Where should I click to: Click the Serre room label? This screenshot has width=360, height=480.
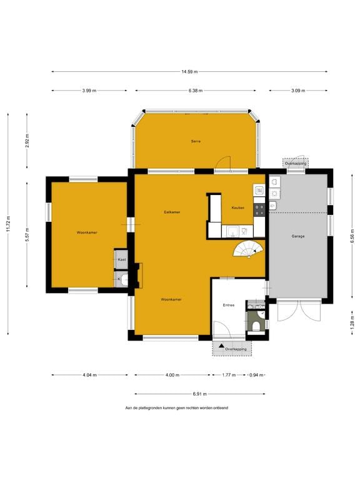196,142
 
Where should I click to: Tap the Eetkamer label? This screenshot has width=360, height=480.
172,212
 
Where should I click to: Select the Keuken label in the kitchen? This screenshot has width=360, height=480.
237,207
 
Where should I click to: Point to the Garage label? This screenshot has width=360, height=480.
298,236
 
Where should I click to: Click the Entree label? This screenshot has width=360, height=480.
229,305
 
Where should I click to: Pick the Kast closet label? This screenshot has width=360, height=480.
122,259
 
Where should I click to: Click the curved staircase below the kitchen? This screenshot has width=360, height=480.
248,249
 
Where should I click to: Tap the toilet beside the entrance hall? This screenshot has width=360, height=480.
256,325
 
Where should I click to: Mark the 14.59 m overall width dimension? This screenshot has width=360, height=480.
189,72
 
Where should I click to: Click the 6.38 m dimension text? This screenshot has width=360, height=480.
196,91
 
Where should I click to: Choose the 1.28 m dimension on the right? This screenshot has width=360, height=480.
352,323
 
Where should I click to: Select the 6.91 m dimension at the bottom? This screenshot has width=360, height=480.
199,394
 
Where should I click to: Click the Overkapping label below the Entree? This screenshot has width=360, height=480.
236,349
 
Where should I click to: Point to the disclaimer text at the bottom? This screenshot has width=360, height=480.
177,407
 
